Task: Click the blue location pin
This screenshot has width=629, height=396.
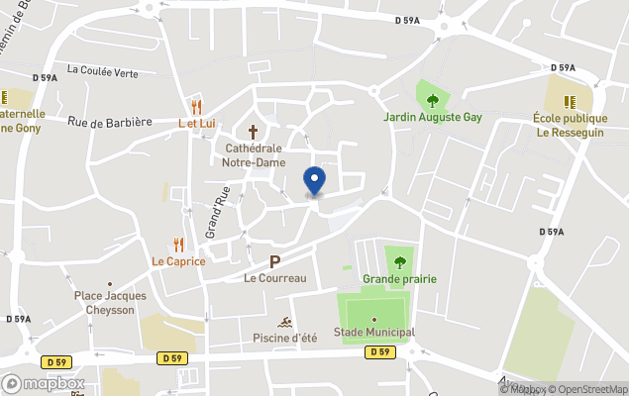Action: tap(314, 181)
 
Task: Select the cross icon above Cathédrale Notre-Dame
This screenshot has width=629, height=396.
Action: tap(253, 131)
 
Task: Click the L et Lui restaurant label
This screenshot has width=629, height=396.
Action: tap(197, 123)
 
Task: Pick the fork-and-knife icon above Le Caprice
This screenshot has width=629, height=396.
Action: tap(178, 245)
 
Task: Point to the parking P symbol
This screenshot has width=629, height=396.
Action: tap(275, 261)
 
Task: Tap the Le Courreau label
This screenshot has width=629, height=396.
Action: tap(275, 278)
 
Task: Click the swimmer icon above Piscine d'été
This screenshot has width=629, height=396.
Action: tap(284, 323)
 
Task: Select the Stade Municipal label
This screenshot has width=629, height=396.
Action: tap(374, 333)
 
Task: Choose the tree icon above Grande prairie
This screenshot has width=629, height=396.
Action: tap(400, 262)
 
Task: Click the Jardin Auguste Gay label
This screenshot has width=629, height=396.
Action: tap(433, 117)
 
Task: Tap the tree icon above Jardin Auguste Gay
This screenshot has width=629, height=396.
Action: tap(433, 99)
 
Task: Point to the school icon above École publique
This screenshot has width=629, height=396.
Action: tap(570, 101)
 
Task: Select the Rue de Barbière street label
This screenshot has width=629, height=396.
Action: tap(110, 122)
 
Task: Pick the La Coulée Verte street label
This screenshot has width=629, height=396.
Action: tap(102, 70)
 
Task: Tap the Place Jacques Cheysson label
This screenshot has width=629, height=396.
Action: tap(110, 302)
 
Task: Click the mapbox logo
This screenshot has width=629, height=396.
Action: tap(45, 383)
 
